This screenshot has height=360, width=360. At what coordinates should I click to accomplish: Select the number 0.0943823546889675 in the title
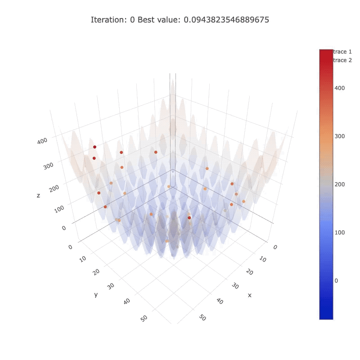tap(226, 20)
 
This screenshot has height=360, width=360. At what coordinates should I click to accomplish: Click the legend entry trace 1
tap(342, 52)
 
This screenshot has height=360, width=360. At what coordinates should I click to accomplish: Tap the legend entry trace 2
tap(342, 60)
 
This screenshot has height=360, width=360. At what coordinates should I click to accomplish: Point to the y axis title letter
tap(96, 294)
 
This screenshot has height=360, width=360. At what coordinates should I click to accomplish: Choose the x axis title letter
tap(249, 295)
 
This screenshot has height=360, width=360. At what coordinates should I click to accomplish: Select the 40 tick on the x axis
tap(220, 301)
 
